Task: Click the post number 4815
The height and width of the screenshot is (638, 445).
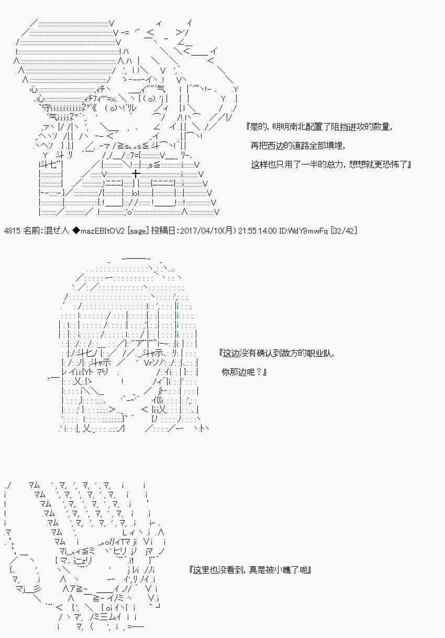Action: point(12,230)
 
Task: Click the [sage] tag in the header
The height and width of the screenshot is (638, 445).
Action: point(138,230)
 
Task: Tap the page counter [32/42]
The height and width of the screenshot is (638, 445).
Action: point(343,230)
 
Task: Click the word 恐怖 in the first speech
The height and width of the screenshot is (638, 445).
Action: point(393,164)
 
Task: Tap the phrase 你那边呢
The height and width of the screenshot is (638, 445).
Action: point(238,372)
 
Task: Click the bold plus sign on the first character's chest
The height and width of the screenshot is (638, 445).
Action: point(136,173)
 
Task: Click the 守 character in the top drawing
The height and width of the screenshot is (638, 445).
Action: point(46,108)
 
